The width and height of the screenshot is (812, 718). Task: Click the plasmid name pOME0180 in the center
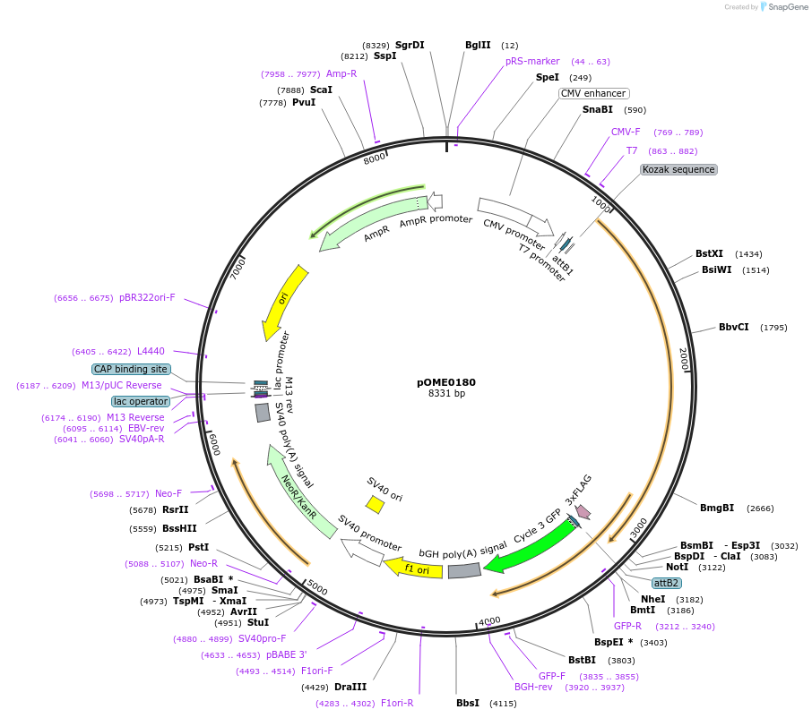(x=446, y=382)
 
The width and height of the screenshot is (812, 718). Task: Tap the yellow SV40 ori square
(x=376, y=505)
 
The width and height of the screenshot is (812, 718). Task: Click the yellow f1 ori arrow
(x=414, y=568)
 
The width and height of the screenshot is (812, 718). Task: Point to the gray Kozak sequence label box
(x=678, y=169)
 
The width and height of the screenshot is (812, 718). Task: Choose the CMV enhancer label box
(x=593, y=93)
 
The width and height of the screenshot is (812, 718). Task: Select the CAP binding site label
(x=130, y=369)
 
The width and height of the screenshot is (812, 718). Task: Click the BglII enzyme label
(x=478, y=45)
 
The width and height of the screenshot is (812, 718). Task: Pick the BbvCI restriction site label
(x=733, y=327)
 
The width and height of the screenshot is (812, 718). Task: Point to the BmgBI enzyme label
(x=716, y=508)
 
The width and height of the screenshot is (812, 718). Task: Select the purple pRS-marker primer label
(x=532, y=61)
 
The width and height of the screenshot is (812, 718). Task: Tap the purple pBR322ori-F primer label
(x=147, y=298)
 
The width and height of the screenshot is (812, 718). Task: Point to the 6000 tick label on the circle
(x=212, y=442)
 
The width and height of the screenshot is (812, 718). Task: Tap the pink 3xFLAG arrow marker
(x=583, y=512)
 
